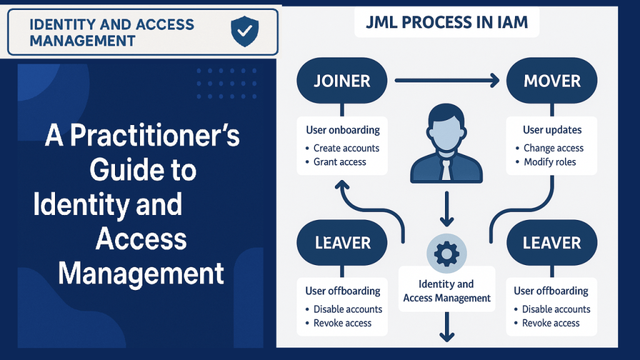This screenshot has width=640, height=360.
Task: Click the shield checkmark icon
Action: click(244, 31)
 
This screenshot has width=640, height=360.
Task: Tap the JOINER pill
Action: click(342, 81)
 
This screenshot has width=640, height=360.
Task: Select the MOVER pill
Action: click(552, 81)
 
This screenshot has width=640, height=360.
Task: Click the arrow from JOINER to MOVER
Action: click(447, 81)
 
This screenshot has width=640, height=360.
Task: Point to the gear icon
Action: click(446, 254)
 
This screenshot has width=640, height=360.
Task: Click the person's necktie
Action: click(446, 169)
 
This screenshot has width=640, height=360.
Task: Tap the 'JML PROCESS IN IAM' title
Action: click(446, 22)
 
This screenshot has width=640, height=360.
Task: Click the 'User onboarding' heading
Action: click(343, 130)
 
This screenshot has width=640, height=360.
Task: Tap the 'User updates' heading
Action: click(552, 130)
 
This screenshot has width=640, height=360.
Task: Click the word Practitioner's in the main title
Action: click(155, 135)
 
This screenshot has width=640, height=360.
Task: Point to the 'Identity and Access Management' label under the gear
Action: click(447, 291)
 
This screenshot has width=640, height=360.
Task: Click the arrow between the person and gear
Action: click(446, 209)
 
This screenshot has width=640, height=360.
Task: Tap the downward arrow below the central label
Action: click(447, 327)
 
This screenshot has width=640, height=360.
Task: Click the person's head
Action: click(446, 128)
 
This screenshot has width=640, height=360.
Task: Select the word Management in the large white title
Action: click(141, 274)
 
